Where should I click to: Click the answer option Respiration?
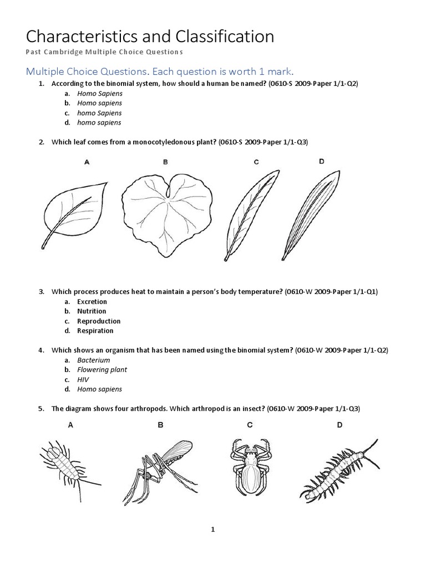pyautogui.click(x=95, y=331)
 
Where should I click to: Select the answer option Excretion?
pyautogui.click(x=92, y=302)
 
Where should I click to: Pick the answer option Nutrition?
pyautogui.click(x=92, y=311)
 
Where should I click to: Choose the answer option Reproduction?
pyautogui.click(x=99, y=321)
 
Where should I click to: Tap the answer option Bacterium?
pyautogui.click(x=94, y=360)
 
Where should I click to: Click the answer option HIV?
pyautogui.click(x=83, y=379)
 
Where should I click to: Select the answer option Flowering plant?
pyautogui.click(x=102, y=369)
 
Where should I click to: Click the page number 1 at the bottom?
pyautogui.click(x=212, y=529)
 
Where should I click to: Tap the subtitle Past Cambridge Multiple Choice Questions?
pyautogui.click(x=104, y=52)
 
